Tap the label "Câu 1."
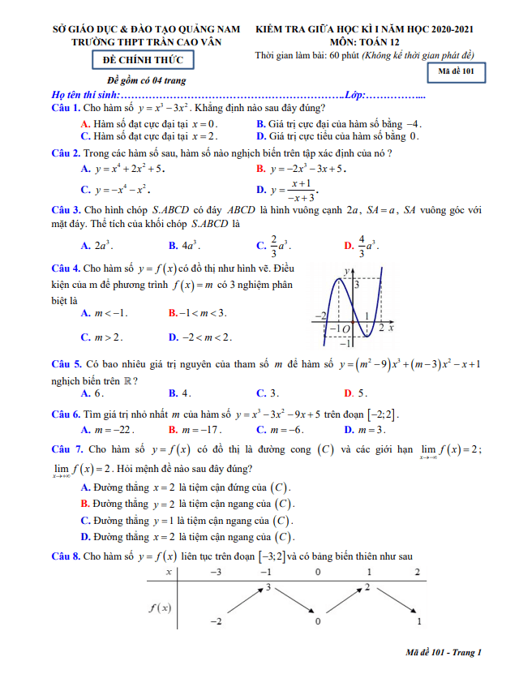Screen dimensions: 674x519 pyautogui.click(x=65, y=108)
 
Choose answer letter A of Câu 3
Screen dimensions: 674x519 pyautogui.click(x=85, y=246)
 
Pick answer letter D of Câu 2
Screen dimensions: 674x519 pyautogui.click(x=260, y=191)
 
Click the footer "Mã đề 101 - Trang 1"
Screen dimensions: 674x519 pyautogui.click(x=444, y=652)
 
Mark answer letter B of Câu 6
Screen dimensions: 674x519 pyautogui.click(x=173, y=430)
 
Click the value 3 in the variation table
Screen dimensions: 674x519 pyautogui.click(x=267, y=586)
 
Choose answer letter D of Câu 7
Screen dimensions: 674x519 pyautogui.click(x=85, y=537)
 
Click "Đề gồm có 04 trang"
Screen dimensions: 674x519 pyautogui.click(x=147, y=80)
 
